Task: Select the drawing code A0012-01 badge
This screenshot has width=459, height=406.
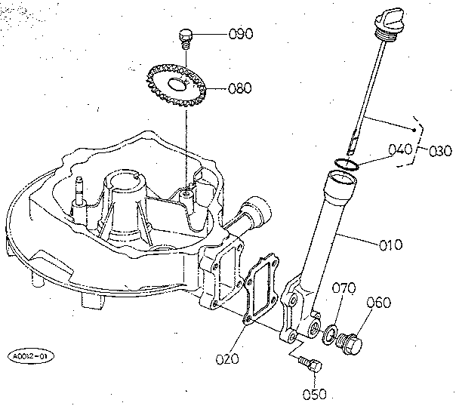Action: click(31, 354)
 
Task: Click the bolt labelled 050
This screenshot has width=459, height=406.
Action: click(310, 364)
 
